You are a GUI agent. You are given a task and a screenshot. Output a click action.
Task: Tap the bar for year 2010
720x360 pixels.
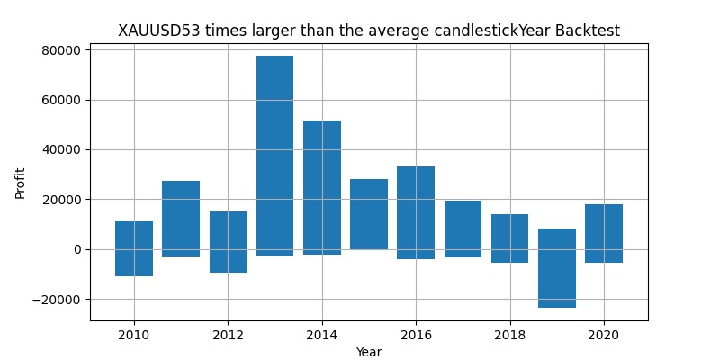[x=134, y=248]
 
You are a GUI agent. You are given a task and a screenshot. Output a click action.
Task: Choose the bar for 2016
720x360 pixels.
[x=416, y=212]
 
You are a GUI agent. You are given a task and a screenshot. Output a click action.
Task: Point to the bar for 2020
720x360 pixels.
[x=604, y=233]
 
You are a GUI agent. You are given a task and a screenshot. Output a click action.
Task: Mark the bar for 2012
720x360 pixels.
[x=228, y=242]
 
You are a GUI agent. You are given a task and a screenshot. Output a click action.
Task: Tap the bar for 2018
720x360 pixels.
[x=509, y=238]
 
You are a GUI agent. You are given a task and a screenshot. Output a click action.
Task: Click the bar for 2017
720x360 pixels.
[x=463, y=229]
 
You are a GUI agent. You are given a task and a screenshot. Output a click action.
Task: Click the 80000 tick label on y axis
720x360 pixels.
[x=60, y=50]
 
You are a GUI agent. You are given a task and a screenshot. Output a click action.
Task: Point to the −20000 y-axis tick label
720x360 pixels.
[x=56, y=300]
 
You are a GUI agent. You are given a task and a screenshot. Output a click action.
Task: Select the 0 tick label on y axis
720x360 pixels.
[x=78, y=249]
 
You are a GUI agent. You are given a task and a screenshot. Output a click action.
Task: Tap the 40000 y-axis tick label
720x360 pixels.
[x=60, y=150]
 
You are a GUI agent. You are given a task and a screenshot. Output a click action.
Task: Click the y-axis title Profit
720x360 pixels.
[x=21, y=183]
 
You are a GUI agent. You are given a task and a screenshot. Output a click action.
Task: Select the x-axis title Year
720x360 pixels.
[x=369, y=352]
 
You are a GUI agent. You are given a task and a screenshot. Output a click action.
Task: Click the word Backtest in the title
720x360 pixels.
[x=588, y=31]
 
